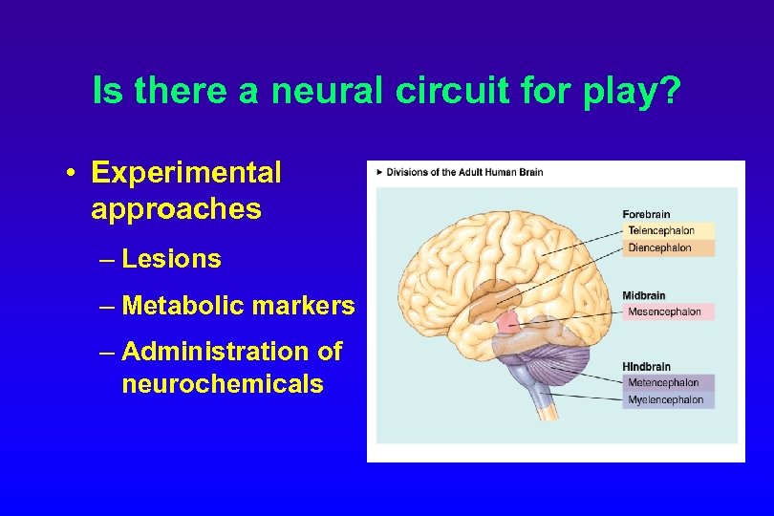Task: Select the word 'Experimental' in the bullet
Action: (x=186, y=173)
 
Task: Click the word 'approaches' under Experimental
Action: (x=176, y=209)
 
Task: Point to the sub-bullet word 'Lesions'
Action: (x=171, y=259)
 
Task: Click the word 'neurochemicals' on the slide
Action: (x=223, y=384)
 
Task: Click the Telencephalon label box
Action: (x=670, y=230)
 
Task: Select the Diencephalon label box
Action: (x=670, y=247)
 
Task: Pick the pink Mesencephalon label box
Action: (x=668, y=312)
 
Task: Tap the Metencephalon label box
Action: (x=668, y=383)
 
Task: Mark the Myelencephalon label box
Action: (x=668, y=400)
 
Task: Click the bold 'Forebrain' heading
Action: (x=646, y=214)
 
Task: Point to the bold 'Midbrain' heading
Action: (x=644, y=295)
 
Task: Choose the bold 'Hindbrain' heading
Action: (x=647, y=367)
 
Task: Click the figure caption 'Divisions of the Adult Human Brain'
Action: (x=464, y=172)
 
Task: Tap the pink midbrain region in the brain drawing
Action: (x=509, y=324)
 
